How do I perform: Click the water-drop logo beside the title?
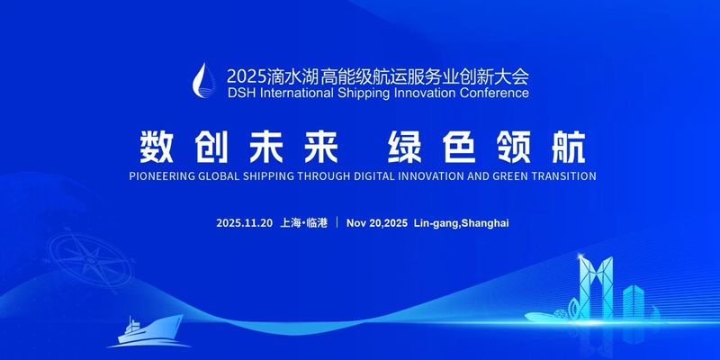[x=209, y=79]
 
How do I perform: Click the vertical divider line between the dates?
[x=336, y=222]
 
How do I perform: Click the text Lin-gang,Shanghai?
[x=461, y=222]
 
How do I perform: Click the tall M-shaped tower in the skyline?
[x=595, y=288]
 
